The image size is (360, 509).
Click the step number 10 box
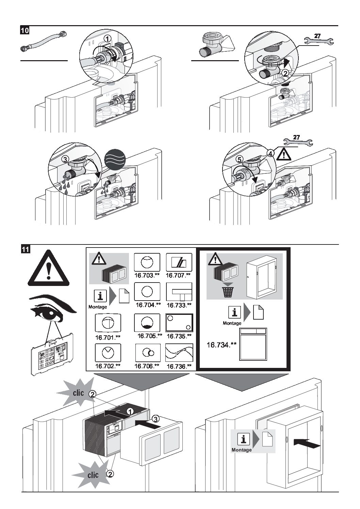[x=25, y=31]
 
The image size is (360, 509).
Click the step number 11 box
[x=25, y=249]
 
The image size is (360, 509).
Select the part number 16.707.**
[x=179, y=274]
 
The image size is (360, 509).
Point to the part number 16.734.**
[x=222, y=345]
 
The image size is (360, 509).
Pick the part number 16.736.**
[x=179, y=366]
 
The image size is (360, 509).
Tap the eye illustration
[x=51, y=308]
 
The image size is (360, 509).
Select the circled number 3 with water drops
[x=65, y=159]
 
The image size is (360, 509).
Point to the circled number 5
[x=240, y=159]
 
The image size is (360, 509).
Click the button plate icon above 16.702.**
[x=108, y=353]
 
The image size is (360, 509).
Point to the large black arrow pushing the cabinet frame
[x=306, y=443]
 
